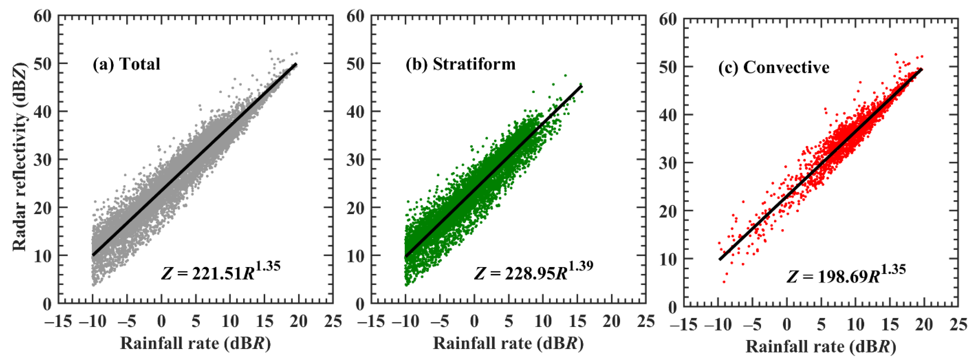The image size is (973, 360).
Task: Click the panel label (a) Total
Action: coord(126,64)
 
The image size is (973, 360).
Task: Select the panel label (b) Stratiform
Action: coord(460,64)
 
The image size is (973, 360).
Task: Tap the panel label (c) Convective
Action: coord(774,67)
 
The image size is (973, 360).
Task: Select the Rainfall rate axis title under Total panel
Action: coord(195,343)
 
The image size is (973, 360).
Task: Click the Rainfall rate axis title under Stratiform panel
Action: coord(508,343)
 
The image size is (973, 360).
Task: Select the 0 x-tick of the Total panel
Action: coord(161,321)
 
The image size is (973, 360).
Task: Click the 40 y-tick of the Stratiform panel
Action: coord(355,112)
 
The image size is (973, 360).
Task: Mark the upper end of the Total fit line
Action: coord(296,64)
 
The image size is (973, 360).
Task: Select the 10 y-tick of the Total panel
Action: coord(42,256)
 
